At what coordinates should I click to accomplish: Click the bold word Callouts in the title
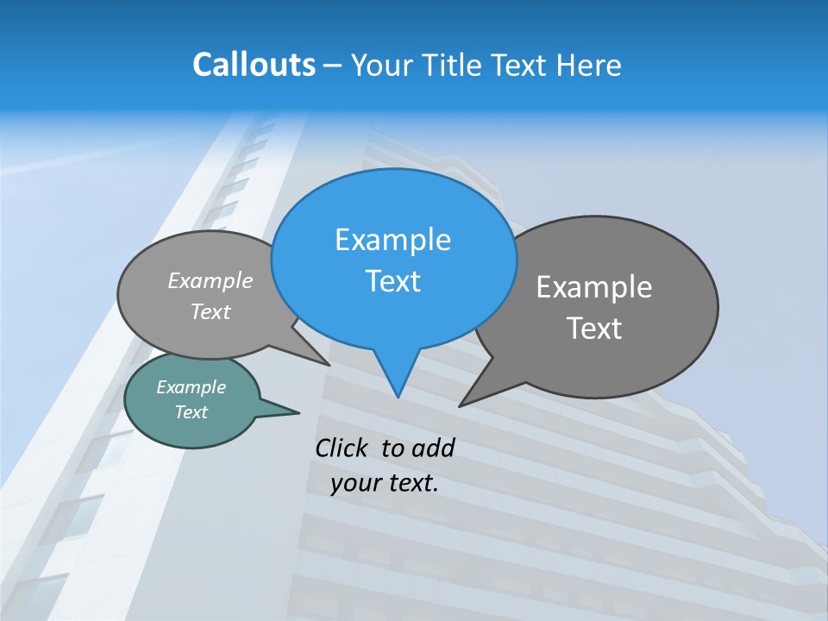(x=254, y=65)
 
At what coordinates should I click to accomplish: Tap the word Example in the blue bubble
(x=392, y=240)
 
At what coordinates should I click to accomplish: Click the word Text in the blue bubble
(x=392, y=281)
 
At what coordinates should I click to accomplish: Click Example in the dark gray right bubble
(x=594, y=287)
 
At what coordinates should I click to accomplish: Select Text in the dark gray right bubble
(x=594, y=329)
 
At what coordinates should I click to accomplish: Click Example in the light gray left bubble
(x=210, y=281)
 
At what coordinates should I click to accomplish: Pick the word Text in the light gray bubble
(x=210, y=312)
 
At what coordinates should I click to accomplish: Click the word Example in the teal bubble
(x=191, y=387)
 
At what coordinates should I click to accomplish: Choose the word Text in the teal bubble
(x=191, y=412)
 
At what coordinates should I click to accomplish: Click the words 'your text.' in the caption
(x=385, y=483)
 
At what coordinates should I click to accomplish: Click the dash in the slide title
(x=333, y=66)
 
